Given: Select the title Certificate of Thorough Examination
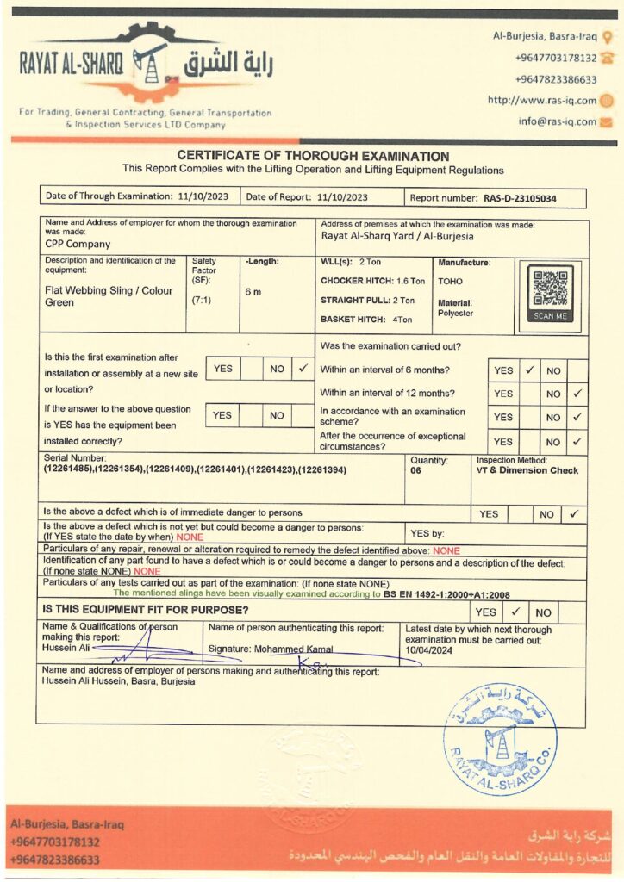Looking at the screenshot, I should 313,156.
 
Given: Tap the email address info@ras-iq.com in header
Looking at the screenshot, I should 558,121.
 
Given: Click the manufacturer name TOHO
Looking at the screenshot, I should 451,281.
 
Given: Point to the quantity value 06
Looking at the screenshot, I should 416,471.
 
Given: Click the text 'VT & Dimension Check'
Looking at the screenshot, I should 527,470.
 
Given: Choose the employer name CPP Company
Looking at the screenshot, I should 78,244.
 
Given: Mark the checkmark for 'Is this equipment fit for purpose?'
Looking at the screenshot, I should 515,612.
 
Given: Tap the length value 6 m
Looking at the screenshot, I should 253,292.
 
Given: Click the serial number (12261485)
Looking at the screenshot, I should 71,470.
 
